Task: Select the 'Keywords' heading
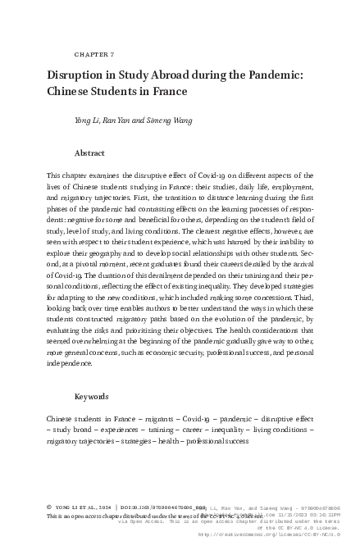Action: point(92,397)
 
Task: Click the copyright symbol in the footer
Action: point(51,507)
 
